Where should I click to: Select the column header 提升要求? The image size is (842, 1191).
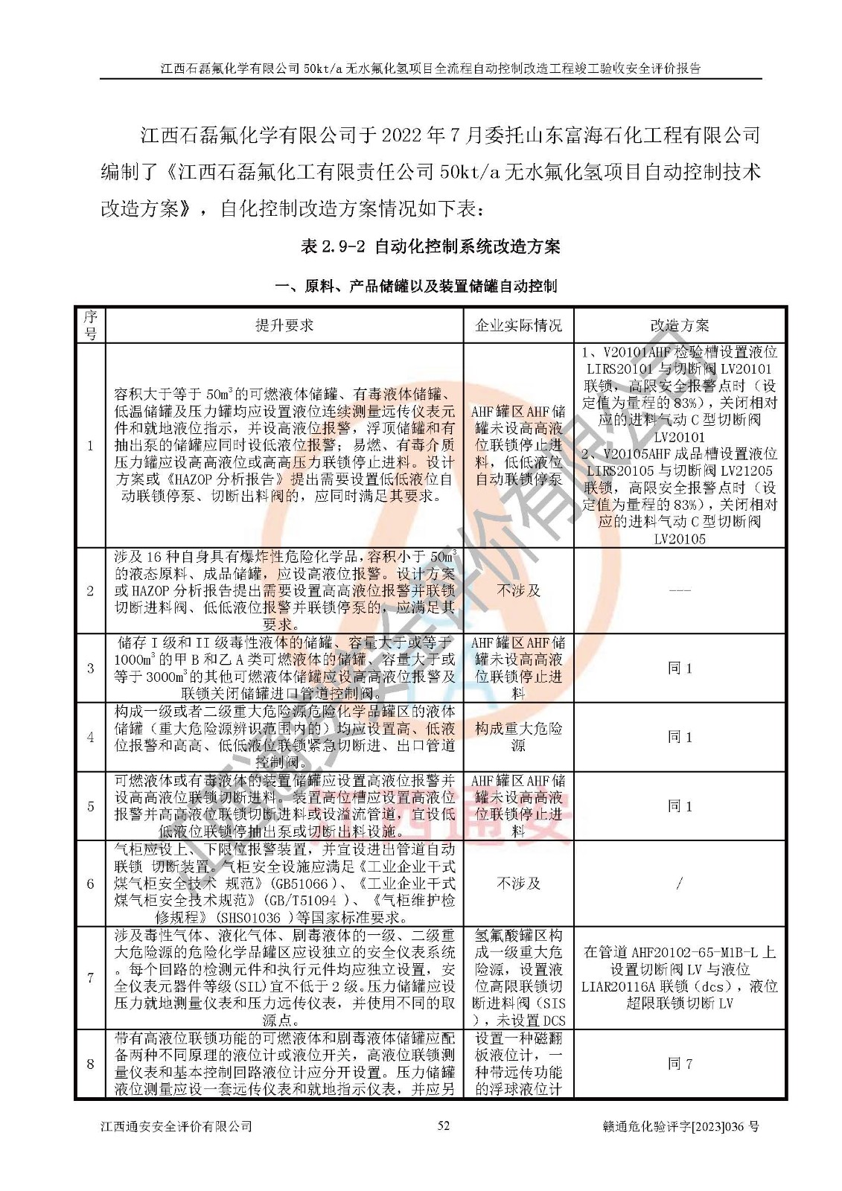pyautogui.click(x=284, y=325)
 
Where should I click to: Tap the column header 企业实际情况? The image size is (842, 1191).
pyautogui.click(x=518, y=325)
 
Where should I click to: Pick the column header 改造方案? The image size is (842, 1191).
pyautogui.click(x=680, y=325)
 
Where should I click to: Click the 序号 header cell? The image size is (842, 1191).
pyautogui.click(x=90, y=325)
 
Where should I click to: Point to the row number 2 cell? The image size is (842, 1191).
pyautogui.click(x=90, y=591)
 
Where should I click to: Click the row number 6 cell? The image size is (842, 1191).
pyautogui.click(x=90, y=884)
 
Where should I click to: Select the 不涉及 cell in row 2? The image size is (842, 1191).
pyautogui.click(x=518, y=590)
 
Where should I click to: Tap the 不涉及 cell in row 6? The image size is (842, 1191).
pyautogui.click(x=518, y=884)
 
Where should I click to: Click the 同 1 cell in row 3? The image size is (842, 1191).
pyautogui.click(x=680, y=668)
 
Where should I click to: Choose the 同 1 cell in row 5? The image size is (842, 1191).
pyautogui.click(x=680, y=806)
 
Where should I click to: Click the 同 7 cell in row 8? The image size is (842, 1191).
pyautogui.click(x=680, y=1064)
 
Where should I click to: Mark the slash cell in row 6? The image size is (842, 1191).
pyautogui.click(x=680, y=884)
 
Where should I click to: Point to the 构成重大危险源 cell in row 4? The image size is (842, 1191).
pyautogui.click(x=518, y=737)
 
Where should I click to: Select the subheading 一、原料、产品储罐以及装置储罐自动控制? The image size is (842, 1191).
pyautogui.click(x=415, y=286)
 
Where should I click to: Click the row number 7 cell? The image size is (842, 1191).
pyautogui.click(x=90, y=978)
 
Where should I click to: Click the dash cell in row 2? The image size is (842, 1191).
pyautogui.click(x=680, y=591)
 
